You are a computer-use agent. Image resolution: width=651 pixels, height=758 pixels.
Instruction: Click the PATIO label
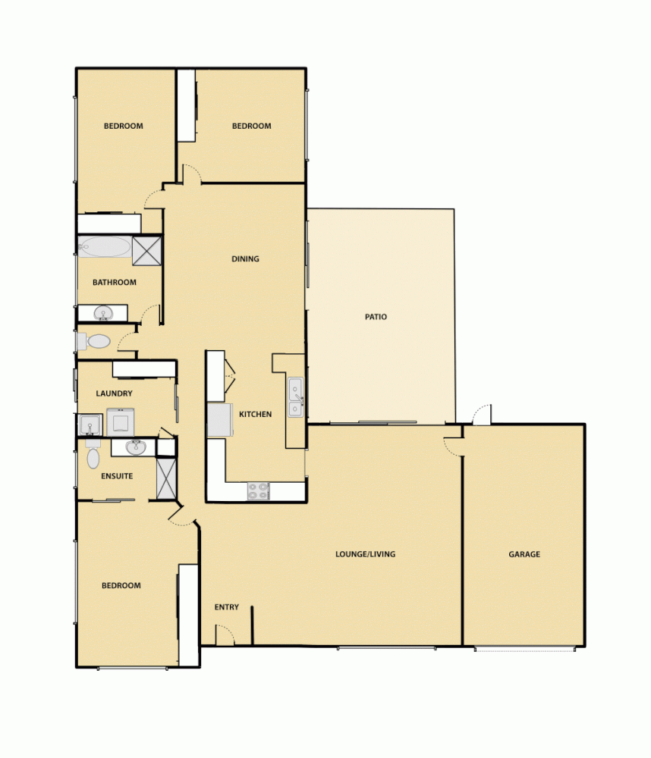pyautogui.click(x=376, y=317)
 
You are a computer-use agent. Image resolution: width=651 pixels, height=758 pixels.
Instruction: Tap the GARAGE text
pyautogui.click(x=524, y=554)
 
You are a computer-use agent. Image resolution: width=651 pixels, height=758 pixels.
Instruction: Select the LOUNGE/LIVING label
pyautogui.click(x=365, y=554)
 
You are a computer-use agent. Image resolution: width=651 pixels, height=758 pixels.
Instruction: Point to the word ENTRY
pyautogui.click(x=227, y=607)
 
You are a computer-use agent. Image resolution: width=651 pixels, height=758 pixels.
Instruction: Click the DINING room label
pyautogui.click(x=245, y=259)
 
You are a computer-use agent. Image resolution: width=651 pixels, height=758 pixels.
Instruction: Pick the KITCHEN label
pyautogui.click(x=255, y=415)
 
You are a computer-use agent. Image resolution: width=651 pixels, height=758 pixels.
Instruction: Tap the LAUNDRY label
pyautogui.click(x=115, y=393)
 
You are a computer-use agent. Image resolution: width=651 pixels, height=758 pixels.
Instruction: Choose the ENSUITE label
pyautogui.click(x=117, y=477)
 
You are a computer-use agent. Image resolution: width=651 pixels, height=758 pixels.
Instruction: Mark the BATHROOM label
pyautogui.click(x=115, y=283)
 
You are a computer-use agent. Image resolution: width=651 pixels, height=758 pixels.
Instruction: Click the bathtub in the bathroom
pyautogui.click(x=105, y=248)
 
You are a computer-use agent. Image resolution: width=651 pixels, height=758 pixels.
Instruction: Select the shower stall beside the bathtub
pyautogui.click(x=147, y=250)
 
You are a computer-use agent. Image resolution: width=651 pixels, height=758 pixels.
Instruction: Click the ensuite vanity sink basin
pyautogui.click(x=136, y=446)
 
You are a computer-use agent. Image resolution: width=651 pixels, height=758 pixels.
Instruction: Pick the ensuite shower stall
pyautogui.click(x=166, y=478)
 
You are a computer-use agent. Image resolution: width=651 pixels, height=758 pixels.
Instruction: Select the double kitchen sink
pyautogui.click(x=295, y=398)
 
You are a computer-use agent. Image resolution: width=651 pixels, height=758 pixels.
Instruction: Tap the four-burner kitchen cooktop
pyautogui.click(x=258, y=491)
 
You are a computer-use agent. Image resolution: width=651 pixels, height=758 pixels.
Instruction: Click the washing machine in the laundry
pyautogui.click(x=121, y=421)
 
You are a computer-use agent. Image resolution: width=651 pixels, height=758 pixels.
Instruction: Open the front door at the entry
pyautogui.click(x=225, y=634)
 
